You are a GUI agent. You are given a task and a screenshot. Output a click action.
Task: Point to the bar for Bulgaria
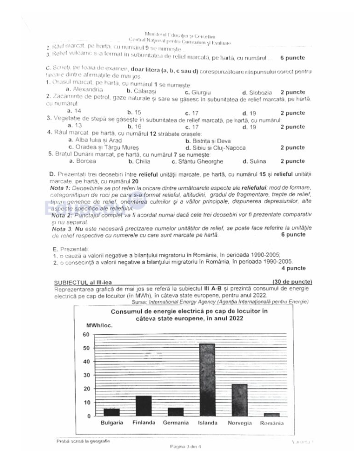[x=111, y=412]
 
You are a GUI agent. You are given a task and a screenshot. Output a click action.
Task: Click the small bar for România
[x=271, y=414]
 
